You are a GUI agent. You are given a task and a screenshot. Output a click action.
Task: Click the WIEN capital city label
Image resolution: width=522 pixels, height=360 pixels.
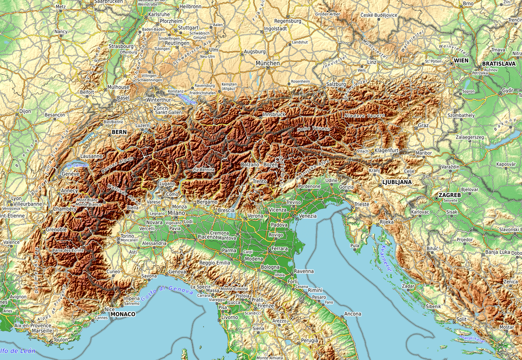pyautogui.click(x=461, y=61)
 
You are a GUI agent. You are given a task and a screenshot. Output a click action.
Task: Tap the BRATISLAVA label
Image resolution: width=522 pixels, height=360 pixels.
pyautogui.click(x=498, y=64)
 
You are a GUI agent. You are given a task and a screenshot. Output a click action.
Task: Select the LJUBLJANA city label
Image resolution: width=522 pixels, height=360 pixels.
pyautogui.click(x=396, y=182)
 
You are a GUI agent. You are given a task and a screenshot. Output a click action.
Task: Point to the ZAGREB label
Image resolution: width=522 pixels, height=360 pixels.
pyautogui.click(x=450, y=195)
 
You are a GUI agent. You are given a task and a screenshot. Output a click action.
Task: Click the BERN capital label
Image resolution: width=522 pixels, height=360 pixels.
pyautogui.click(x=119, y=132)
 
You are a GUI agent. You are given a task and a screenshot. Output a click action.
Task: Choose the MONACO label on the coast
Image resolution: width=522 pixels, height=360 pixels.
pyautogui.click(x=123, y=314)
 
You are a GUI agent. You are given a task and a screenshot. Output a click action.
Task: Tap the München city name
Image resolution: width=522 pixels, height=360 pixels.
pyautogui.click(x=267, y=63)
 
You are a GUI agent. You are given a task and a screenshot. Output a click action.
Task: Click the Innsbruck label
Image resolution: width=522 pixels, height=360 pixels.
pyautogui.click(x=274, y=115)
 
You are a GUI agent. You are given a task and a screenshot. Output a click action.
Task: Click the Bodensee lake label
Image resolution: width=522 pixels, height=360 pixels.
pyautogui.click(x=187, y=99)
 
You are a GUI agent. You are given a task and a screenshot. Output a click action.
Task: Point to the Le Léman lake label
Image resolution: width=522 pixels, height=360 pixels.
pyautogui.click(x=77, y=165)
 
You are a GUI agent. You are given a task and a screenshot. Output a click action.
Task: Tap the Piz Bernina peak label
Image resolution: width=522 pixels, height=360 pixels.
pyautogui.click(x=203, y=169)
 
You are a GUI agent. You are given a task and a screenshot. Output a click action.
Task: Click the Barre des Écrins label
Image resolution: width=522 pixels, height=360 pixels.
pyautogui.click(x=68, y=250)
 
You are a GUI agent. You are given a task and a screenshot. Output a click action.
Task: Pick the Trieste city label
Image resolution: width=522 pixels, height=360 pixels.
pyautogui.click(x=361, y=204)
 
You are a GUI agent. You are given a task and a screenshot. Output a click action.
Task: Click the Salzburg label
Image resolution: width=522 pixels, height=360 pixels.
pyautogui.click(x=335, y=84)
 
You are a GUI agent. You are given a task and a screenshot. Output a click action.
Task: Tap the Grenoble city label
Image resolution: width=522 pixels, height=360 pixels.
pyautogui.click(x=56, y=229)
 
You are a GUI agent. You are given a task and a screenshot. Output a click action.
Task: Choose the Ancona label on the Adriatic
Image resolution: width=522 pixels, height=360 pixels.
pyautogui.click(x=353, y=314)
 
